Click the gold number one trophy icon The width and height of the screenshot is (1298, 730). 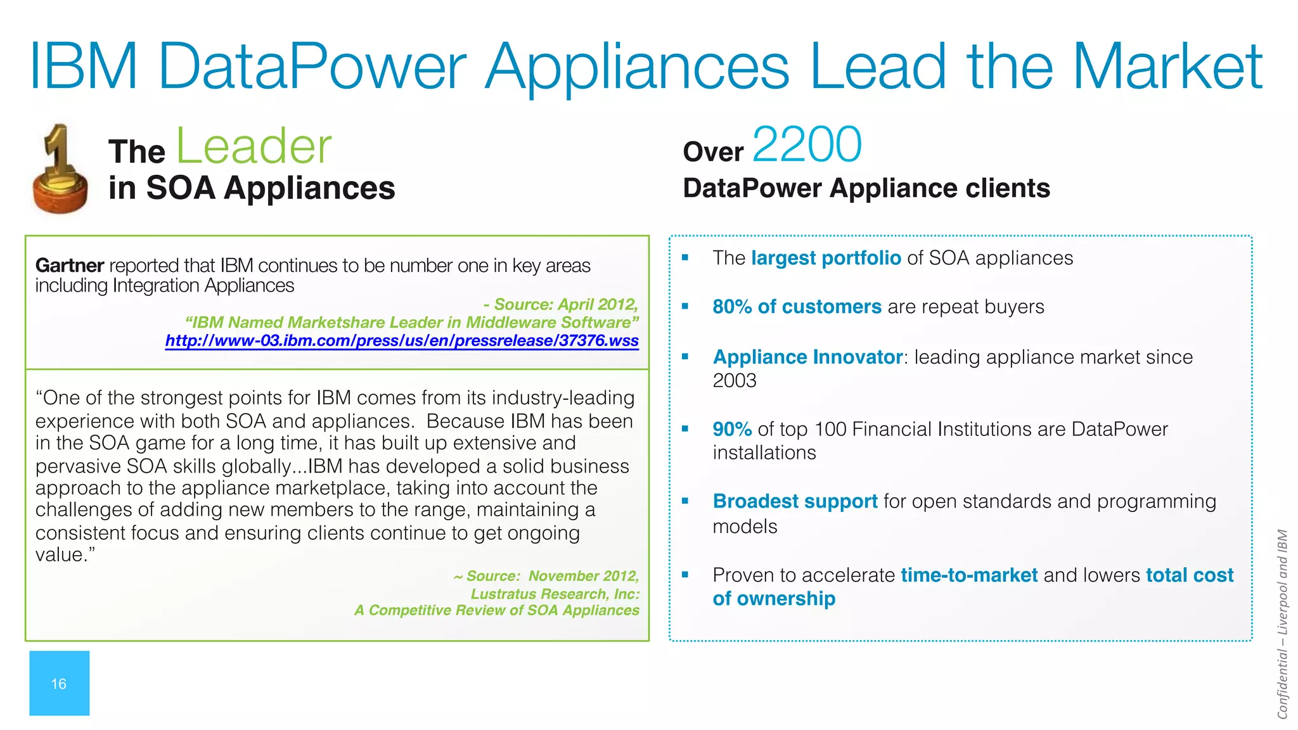pos(60,170)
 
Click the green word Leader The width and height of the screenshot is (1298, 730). pos(253,147)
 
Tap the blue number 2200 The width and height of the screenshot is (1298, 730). pos(807,144)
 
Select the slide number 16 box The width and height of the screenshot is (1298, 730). pos(59,683)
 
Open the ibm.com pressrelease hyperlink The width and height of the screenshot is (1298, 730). pos(402,341)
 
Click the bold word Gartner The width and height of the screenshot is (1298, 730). pos(69,266)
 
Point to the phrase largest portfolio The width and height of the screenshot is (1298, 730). pos(825,259)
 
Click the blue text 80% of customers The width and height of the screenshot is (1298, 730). pos(797,307)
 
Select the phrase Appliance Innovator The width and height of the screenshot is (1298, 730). pos(807,357)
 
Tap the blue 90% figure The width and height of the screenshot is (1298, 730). pos(731,430)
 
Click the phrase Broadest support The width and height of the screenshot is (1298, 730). pos(795,502)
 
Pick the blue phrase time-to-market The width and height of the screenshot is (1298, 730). pos(968,575)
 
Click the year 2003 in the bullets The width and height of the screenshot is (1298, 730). pos(734,381)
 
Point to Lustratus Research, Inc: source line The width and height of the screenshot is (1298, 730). pos(555,594)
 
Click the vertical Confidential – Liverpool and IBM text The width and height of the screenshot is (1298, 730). pos(1282,624)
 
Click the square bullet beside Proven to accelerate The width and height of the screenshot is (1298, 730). pos(684,575)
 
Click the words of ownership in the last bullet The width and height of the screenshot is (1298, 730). pos(773,599)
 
